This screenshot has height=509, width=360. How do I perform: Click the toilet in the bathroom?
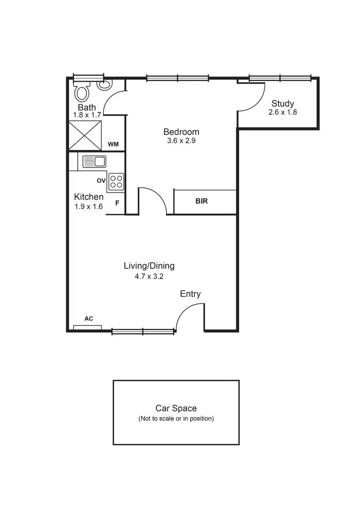(x=82, y=91)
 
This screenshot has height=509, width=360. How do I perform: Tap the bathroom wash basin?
(x=104, y=85)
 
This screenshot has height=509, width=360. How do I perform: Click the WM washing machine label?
(x=113, y=145)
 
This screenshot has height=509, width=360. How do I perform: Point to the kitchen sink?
(x=94, y=161)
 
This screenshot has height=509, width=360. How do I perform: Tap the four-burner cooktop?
(x=116, y=181)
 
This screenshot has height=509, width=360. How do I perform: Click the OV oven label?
(x=101, y=181)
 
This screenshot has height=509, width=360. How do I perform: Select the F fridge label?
(x=117, y=203)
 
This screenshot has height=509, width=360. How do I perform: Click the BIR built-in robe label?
(x=202, y=201)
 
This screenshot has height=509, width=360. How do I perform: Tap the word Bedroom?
(x=181, y=132)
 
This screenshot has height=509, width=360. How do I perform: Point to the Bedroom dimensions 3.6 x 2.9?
(x=181, y=141)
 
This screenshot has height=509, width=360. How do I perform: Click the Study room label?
(x=283, y=103)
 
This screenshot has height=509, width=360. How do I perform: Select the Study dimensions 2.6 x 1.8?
(x=283, y=112)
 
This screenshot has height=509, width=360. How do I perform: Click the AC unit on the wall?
(x=87, y=327)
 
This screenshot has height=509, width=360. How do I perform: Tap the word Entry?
(x=190, y=294)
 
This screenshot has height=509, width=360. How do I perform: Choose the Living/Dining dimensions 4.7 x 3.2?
(x=149, y=276)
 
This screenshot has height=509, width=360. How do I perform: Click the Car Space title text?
(x=176, y=408)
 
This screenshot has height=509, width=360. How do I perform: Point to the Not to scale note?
(x=176, y=418)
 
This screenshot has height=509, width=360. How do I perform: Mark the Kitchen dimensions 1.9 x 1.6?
(x=88, y=206)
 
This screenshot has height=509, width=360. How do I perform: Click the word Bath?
(x=87, y=108)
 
